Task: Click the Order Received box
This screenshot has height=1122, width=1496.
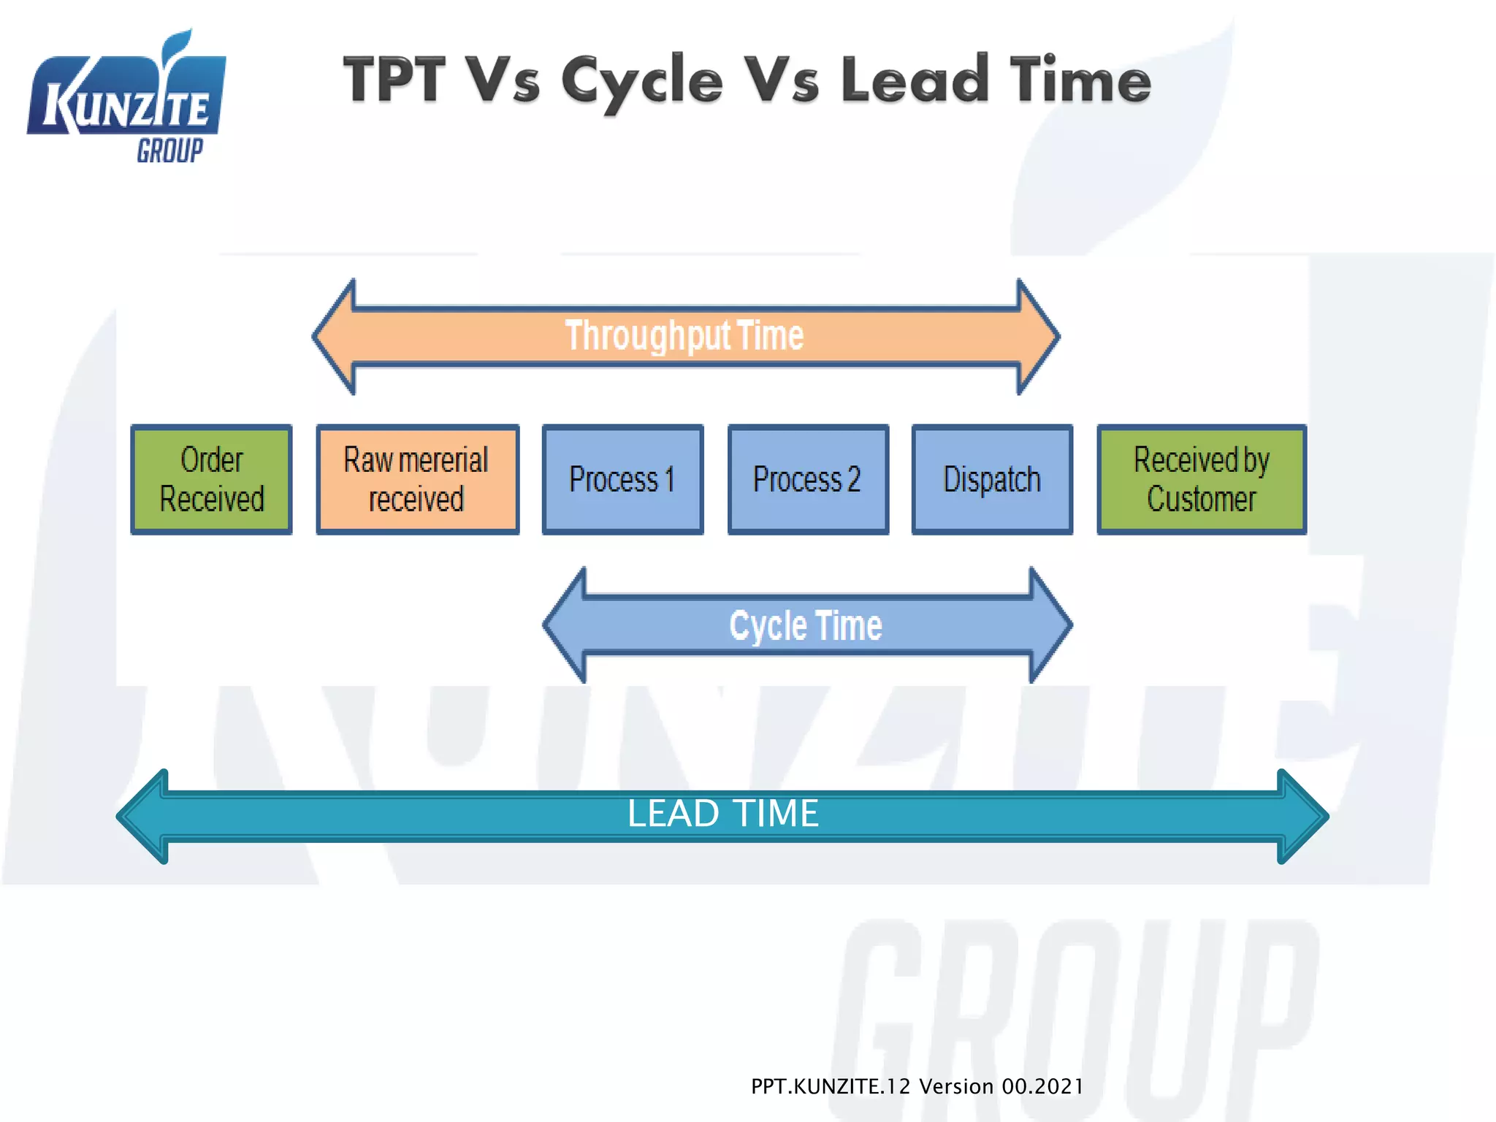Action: (x=211, y=479)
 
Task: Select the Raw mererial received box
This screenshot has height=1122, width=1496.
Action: (x=417, y=479)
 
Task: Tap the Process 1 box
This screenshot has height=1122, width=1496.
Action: (x=622, y=479)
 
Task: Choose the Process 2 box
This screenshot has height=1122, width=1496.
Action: (x=808, y=479)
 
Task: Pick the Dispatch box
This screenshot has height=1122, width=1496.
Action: (x=992, y=479)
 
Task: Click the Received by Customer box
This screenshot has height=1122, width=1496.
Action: (x=1202, y=479)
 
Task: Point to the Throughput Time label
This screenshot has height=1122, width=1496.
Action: (x=684, y=336)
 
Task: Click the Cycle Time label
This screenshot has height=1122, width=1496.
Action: (x=806, y=626)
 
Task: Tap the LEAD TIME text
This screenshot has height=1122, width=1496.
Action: (x=723, y=814)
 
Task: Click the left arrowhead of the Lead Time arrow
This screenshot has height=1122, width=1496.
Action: (x=144, y=817)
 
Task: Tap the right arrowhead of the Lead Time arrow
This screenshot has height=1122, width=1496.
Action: (x=1302, y=817)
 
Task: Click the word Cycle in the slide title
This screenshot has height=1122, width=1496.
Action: (x=642, y=82)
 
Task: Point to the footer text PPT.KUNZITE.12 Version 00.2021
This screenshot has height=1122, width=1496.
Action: (x=917, y=1087)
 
